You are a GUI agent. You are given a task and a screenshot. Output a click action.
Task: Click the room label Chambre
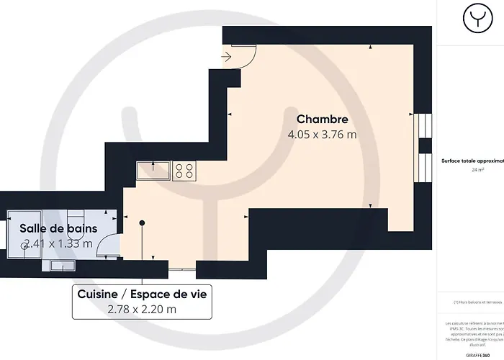click(323, 120)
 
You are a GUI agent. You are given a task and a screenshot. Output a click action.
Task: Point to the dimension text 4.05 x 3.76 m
click(323, 135)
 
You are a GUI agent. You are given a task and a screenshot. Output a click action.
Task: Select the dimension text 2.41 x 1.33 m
click(58, 243)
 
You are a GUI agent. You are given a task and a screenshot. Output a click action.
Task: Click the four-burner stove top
click(184, 171)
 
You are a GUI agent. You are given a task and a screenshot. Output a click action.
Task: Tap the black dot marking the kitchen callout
click(142, 223)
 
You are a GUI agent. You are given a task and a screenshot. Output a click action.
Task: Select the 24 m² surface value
click(477, 170)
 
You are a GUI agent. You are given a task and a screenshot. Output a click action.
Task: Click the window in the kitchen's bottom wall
click(181, 269)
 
